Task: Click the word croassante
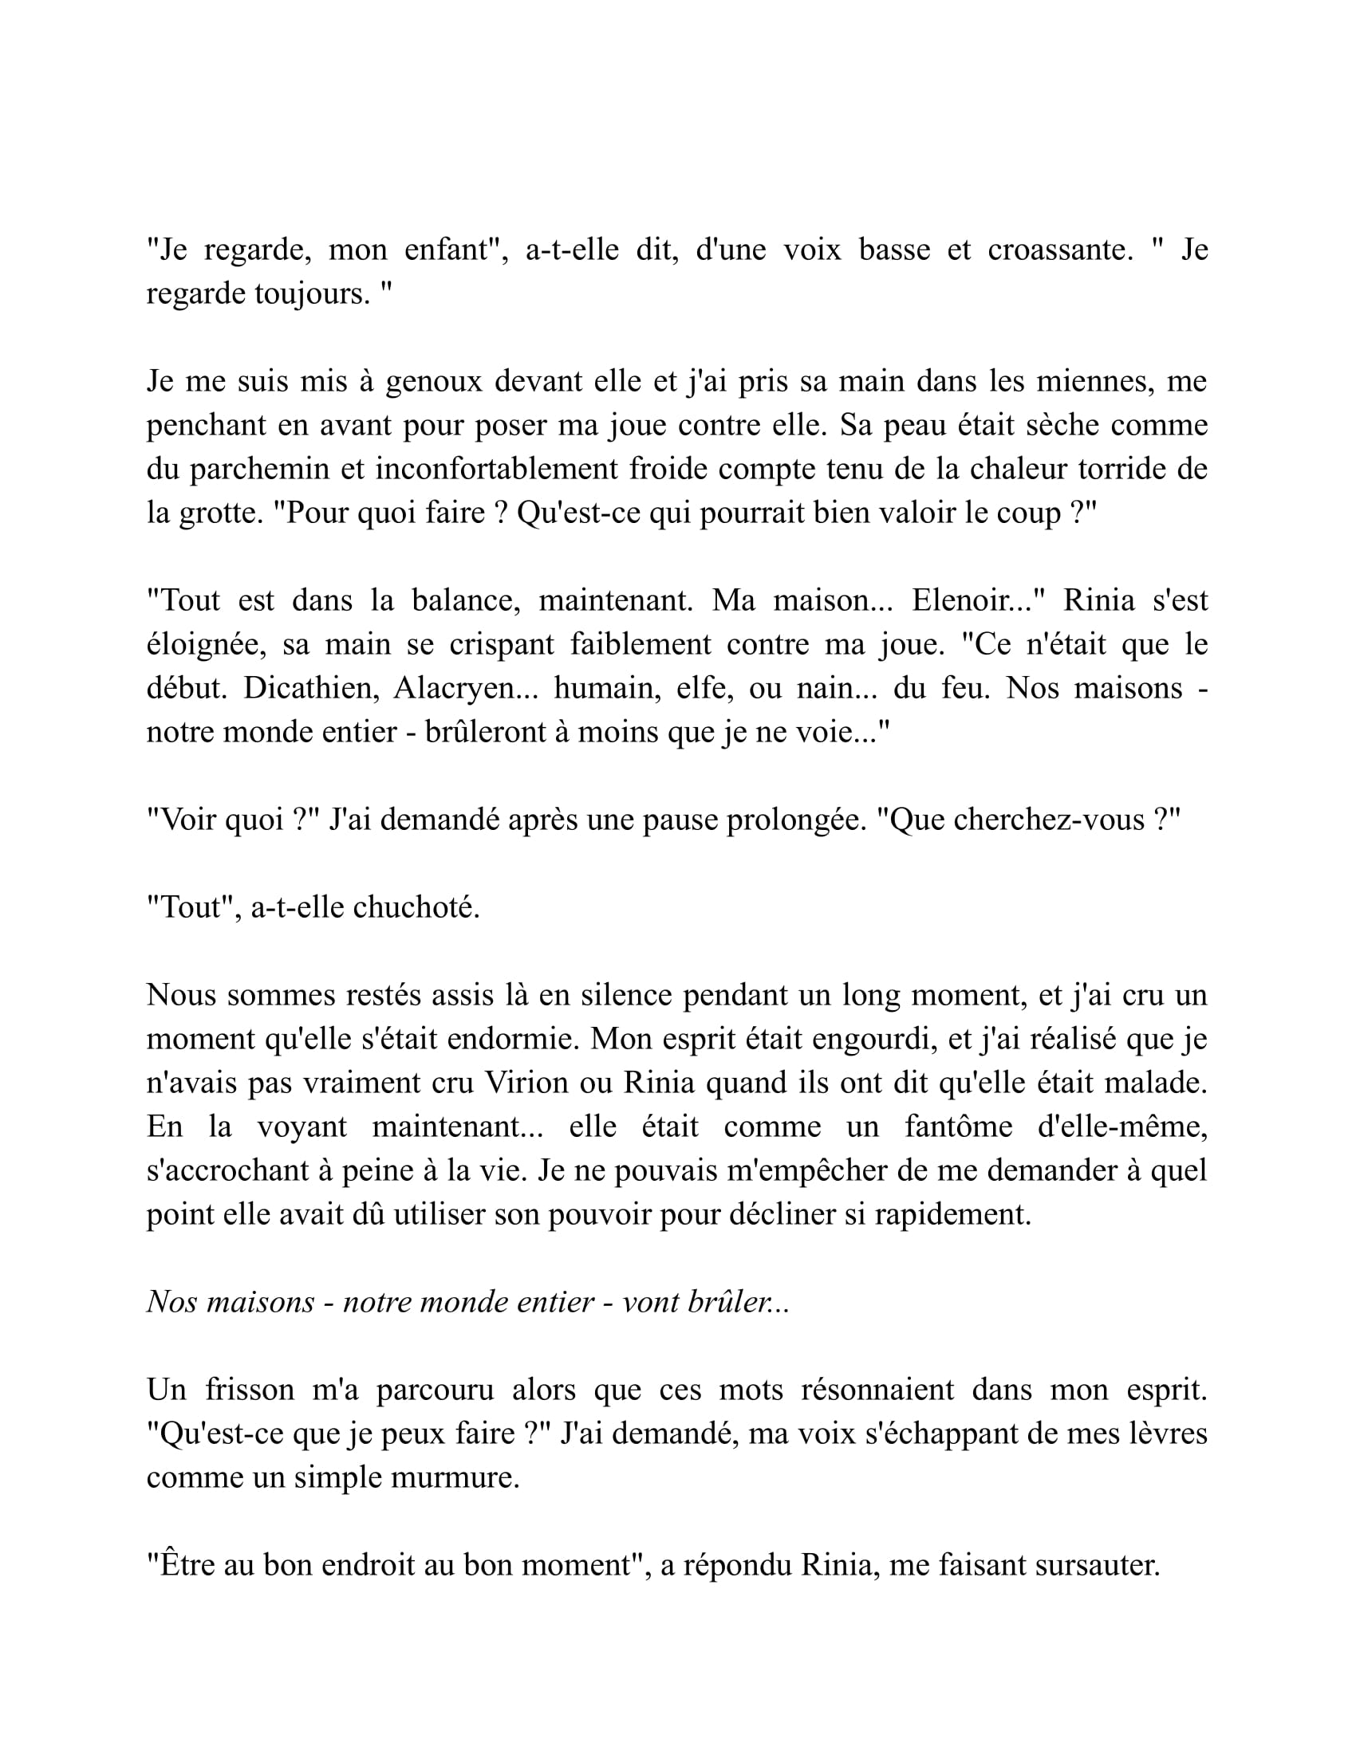click(1059, 250)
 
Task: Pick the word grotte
click(220, 513)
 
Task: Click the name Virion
click(527, 1083)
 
